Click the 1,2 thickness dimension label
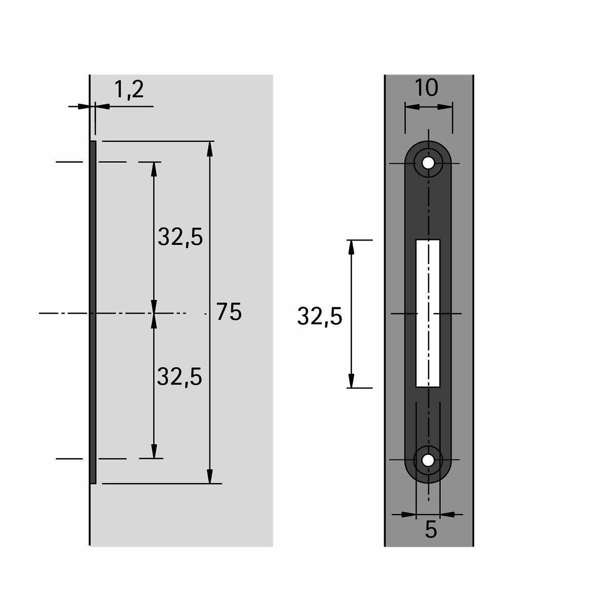[x=129, y=90]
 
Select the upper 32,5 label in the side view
[x=180, y=237]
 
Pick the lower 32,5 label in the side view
[x=179, y=376]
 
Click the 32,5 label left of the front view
[x=320, y=316]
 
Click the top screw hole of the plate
[x=428, y=163]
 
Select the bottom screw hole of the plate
[x=428, y=461]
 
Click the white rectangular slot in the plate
[x=428, y=313]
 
